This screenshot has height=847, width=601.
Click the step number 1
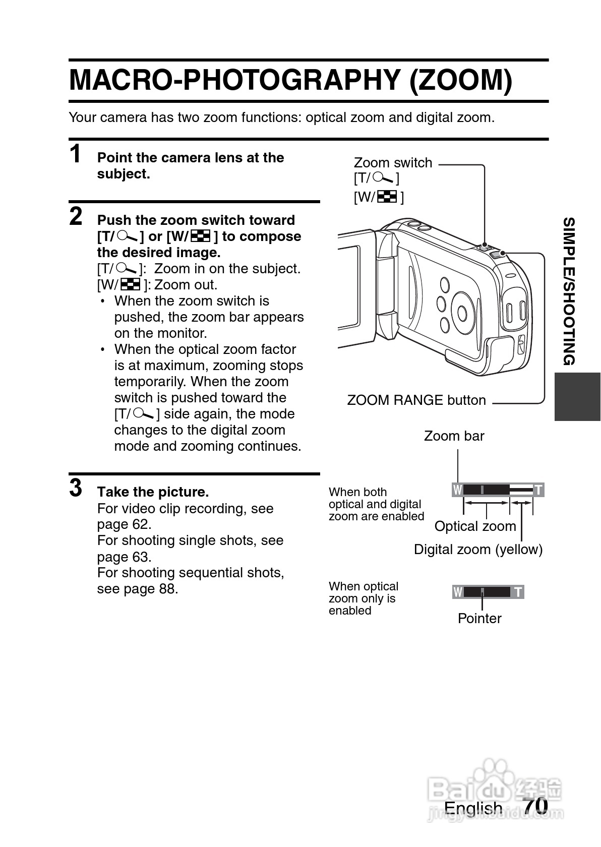(x=76, y=154)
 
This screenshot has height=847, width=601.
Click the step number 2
(x=76, y=216)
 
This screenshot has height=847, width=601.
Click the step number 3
(x=76, y=488)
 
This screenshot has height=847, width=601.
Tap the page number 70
(x=535, y=805)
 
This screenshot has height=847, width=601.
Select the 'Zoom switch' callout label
(x=393, y=163)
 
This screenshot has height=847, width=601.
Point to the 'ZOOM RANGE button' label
(x=416, y=400)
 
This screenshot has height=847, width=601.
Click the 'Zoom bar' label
(x=454, y=436)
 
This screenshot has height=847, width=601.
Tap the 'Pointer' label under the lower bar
(x=479, y=619)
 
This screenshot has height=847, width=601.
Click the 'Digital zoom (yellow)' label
(x=478, y=550)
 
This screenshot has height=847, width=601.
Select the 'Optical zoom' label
(x=475, y=526)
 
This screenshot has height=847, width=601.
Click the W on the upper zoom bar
(x=458, y=490)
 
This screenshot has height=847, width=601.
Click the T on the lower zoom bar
(x=518, y=592)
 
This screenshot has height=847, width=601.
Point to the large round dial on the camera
(x=462, y=312)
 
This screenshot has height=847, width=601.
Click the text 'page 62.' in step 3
(x=124, y=524)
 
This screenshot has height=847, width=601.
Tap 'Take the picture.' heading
(x=153, y=492)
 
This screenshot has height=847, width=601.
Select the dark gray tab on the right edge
(x=577, y=397)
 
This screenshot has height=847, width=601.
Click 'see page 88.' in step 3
(x=138, y=589)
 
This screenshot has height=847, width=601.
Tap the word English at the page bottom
(x=473, y=808)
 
